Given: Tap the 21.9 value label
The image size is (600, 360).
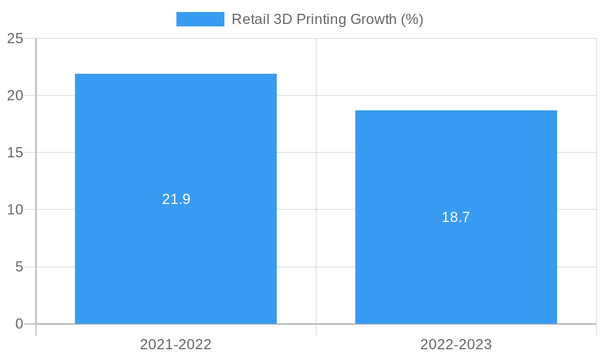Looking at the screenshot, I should point(176,199).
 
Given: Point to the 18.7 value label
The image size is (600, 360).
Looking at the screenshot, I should point(456,217).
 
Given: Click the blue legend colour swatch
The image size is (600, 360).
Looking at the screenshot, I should point(200,19).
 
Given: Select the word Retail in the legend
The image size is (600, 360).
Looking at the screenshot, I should point(250,19).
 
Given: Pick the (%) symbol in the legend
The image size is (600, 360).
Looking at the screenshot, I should point(412,19).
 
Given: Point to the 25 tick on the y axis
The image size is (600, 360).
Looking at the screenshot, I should point(15,39).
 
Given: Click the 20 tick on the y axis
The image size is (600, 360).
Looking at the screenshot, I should point(15,96).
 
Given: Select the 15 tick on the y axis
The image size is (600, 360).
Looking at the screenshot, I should point(15,153).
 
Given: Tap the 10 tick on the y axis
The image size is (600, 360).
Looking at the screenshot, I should point(15,210).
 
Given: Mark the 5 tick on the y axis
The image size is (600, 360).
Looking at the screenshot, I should point(19,267).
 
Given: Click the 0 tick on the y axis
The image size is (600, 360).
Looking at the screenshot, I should point(19,324).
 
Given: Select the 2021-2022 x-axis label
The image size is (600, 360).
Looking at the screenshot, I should point(176,344).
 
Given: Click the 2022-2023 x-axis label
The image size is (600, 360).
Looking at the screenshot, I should point(456,344).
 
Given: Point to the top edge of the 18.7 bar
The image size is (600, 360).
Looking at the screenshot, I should point(456,111).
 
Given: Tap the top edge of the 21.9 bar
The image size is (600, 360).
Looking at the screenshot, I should point(176,74).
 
